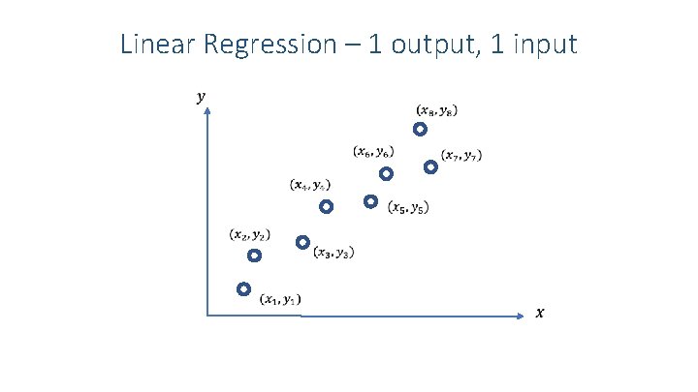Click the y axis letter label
click(x=201, y=97)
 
